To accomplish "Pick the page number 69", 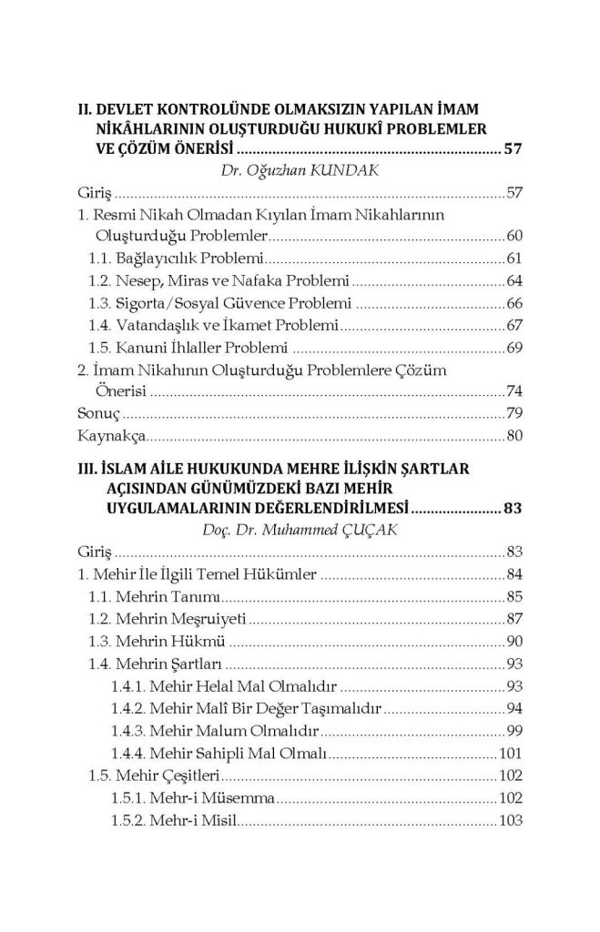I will click(514, 347).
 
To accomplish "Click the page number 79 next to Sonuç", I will click(514, 413).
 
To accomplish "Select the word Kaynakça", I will click(105, 436).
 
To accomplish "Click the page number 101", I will click(510, 752).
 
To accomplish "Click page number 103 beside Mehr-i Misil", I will click(510, 818).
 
